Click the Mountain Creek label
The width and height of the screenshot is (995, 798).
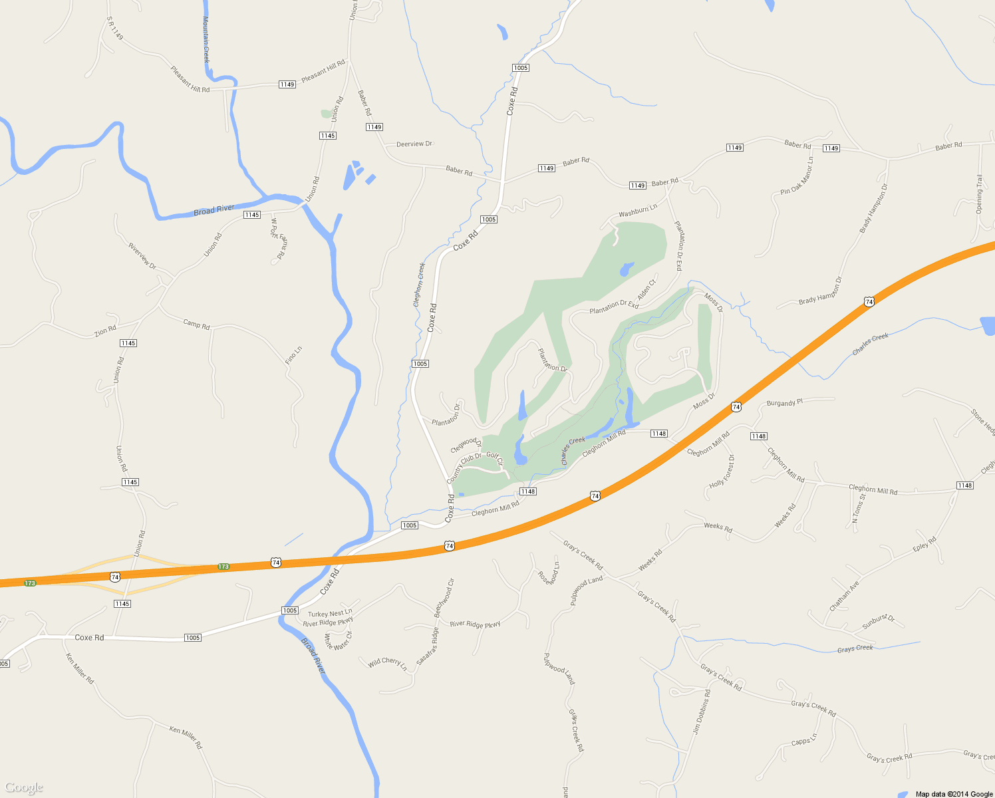[x=206, y=40]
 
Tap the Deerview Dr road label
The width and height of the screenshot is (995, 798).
[x=414, y=144]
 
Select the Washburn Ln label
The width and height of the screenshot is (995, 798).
[x=638, y=211]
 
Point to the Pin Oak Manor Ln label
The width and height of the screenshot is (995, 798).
[x=797, y=177]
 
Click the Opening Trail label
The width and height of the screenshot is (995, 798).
[x=979, y=194]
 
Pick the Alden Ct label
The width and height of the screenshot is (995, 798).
[x=646, y=290]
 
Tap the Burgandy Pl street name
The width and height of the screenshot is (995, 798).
[x=785, y=403]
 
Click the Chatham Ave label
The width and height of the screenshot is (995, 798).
[x=844, y=596]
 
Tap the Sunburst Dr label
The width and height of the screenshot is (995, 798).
[x=879, y=622]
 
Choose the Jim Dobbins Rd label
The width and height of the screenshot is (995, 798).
[x=701, y=712]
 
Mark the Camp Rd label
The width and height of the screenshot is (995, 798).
[x=196, y=324]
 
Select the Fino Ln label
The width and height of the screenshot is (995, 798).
[x=293, y=354]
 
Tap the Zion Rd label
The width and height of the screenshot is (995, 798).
[x=105, y=331]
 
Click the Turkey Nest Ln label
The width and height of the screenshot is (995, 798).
[x=330, y=614]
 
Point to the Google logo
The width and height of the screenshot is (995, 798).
[x=24, y=787]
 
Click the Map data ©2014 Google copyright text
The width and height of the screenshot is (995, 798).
[x=954, y=794]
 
